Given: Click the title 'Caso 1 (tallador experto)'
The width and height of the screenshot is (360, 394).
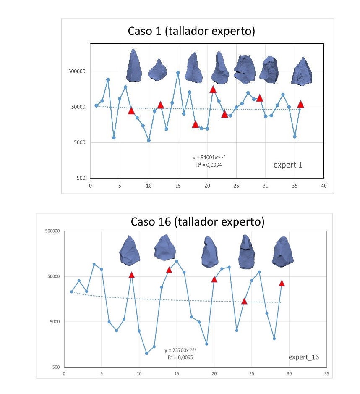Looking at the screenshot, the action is [191, 31].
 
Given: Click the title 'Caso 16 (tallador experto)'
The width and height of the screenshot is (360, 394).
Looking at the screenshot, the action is [198, 222].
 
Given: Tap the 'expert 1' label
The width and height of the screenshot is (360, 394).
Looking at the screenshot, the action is [288, 165].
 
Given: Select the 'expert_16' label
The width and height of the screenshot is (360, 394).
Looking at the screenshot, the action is [303, 357].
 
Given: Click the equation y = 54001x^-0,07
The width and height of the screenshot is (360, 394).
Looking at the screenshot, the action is [209, 157].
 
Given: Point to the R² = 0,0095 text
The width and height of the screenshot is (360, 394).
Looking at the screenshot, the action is [180, 357].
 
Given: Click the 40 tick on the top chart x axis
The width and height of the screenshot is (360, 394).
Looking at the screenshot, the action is [323, 186].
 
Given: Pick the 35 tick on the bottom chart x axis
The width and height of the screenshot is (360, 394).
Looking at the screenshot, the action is [326, 374].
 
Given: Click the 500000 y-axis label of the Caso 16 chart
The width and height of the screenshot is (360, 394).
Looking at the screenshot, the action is [52, 231].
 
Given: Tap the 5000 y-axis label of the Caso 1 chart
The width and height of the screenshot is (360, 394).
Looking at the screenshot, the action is [80, 142].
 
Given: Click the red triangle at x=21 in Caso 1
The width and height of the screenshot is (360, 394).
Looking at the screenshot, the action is [213, 89].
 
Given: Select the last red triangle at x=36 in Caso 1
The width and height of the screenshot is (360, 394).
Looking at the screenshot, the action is [300, 104].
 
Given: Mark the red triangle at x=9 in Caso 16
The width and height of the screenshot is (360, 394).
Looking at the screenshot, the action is [132, 275].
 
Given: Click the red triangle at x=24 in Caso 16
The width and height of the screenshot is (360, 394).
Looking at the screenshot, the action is [244, 301].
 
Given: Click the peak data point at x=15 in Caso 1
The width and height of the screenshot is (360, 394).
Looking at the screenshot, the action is [178, 73].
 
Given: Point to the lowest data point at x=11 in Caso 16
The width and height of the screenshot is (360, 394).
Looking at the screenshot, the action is [146, 353].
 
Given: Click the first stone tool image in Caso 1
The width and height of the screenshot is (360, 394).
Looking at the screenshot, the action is [133, 66].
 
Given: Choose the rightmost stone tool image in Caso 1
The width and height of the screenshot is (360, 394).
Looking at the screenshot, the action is [302, 71].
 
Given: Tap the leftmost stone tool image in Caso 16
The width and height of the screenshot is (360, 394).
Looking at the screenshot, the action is [130, 250].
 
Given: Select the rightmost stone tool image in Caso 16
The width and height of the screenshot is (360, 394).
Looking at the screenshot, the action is [283, 252].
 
